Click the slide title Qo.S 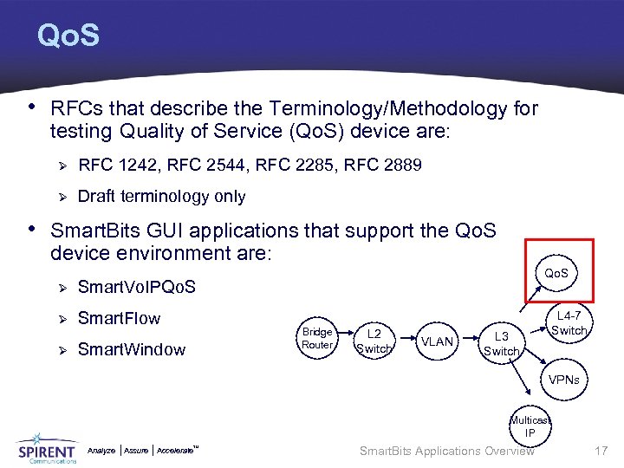[68, 36]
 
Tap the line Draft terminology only [161, 197]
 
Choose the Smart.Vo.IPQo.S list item [137, 287]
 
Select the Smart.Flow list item [119, 318]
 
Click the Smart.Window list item [131, 349]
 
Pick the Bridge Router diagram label [317, 339]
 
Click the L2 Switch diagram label [374, 341]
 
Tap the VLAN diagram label [436, 341]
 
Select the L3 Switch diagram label [500, 343]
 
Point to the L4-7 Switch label [569, 323]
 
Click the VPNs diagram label [563, 380]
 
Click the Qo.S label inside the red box [556, 273]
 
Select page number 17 [602, 451]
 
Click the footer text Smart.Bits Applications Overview [446, 451]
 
